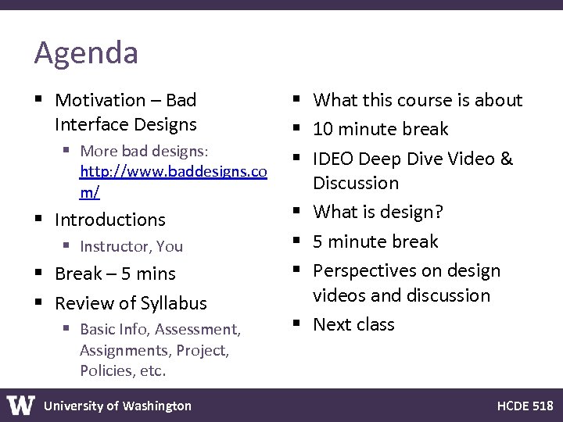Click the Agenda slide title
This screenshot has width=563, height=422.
click(x=86, y=53)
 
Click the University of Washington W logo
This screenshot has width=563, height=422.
click(x=20, y=405)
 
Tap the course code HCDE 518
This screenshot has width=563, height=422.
click(x=525, y=406)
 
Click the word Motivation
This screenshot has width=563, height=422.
click(x=100, y=100)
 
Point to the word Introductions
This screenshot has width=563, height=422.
click(x=110, y=220)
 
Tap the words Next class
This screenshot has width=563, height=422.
click(x=353, y=324)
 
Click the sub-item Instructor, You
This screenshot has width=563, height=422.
click(x=131, y=247)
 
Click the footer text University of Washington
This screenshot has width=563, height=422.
click(x=117, y=406)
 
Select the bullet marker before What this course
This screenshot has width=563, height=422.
click(x=299, y=100)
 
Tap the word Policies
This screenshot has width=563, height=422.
click(x=106, y=370)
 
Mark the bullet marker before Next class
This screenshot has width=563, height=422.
click(x=299, y=324)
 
